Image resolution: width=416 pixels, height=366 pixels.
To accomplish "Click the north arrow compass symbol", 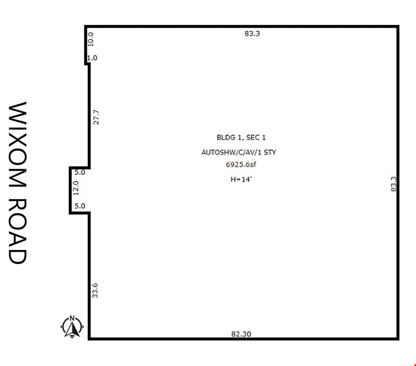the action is tap(72, 327).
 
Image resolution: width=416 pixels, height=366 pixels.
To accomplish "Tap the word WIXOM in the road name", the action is tap(18, 145).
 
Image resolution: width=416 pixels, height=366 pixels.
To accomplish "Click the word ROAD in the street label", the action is tap(18, 231).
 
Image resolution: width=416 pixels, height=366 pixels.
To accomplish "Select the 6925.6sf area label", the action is tap(241, 164).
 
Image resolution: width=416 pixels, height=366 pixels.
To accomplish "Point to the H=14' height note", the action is tap(241, 179).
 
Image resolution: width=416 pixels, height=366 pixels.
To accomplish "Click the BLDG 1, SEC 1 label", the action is tap(241, 138).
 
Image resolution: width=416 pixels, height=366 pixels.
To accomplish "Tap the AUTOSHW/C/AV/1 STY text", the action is tap(239, 152).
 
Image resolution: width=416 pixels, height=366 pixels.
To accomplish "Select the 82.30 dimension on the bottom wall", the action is tap(241, 334).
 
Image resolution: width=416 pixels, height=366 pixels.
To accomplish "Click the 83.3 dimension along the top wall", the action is tap(252, 34).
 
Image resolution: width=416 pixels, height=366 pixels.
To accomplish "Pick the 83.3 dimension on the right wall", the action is tap(393, 184).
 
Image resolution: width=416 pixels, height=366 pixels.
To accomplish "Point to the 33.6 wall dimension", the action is tap(95, 291).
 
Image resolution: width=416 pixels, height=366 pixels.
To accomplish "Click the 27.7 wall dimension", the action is tap(96, 117).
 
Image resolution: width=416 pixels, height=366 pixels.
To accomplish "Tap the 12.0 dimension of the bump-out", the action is tap(76, 188).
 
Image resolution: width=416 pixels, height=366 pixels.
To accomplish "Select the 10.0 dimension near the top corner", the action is tap(91, 40).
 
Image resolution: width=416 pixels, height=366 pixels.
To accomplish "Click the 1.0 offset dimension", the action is tap(93, 57).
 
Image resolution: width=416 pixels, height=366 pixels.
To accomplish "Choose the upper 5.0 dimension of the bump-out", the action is tap(80, 172).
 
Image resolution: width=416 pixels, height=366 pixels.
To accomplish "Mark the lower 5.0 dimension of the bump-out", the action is tap(80, 206).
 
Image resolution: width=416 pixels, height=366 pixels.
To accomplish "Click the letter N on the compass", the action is tap(72, 318).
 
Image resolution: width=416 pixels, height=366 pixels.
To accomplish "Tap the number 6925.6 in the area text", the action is tap(237, 164).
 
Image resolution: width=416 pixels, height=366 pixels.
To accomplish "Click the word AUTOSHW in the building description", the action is tap(216, 152).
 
